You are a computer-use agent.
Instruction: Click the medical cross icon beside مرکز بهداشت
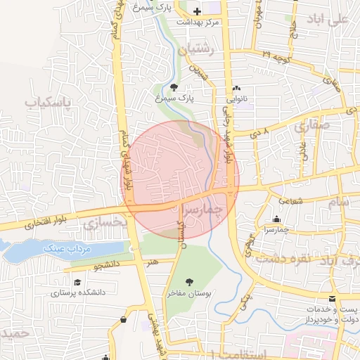click(196, 12)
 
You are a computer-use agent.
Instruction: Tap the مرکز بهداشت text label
click(198, 22)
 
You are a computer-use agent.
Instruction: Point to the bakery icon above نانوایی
click(237, 89)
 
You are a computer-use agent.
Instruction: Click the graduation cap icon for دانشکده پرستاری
click(75, 282)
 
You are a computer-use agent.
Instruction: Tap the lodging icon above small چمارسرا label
click(276, 219)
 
